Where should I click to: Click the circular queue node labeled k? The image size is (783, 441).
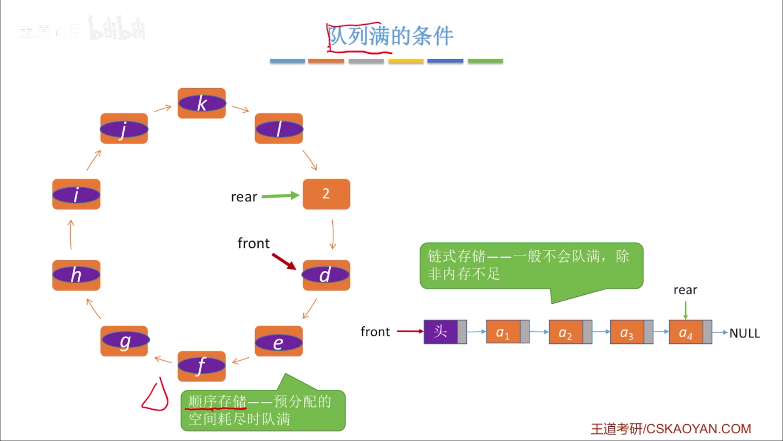(201, 103)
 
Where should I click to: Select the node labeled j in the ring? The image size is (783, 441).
(124, 129)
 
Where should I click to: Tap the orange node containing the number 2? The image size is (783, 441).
(326, 194)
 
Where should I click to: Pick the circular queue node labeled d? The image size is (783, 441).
(326, 275)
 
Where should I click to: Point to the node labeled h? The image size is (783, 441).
(76, 275)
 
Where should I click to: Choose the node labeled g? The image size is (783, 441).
(124, 341)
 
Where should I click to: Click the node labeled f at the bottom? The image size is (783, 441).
(201, 366)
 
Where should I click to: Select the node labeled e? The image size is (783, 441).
(279, 341)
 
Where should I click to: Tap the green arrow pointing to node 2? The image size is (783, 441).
(280, 196)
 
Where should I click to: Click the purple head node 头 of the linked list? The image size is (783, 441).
(441, 332)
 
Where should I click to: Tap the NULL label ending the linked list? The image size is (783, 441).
(744, 333)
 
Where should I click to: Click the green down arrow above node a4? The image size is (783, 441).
(686, 310)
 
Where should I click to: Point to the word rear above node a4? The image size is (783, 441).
(685, 290)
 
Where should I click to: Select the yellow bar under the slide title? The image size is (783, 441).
(406, 61)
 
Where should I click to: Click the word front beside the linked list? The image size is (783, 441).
(375, 332)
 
